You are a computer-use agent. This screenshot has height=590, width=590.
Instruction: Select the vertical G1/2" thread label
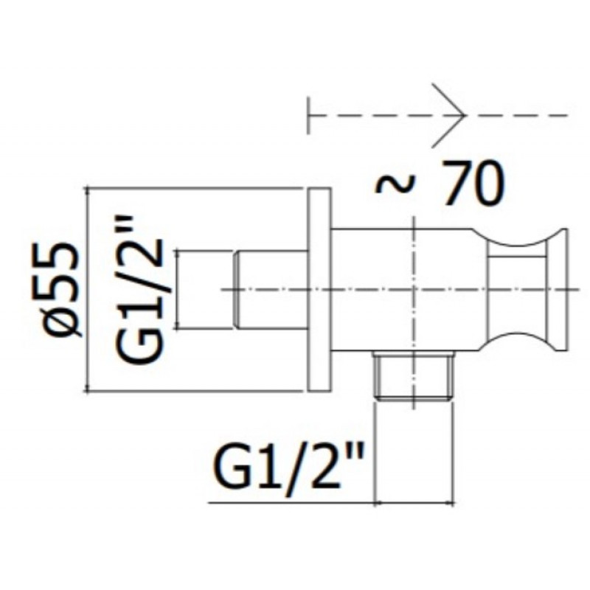(x=140, y=290)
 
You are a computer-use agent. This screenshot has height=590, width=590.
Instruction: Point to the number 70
(x=473, y=183)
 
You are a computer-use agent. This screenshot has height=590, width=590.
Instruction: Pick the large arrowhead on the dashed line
(x=449, y=115)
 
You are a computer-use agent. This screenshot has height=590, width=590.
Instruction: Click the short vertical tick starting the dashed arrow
(x=308, y=115)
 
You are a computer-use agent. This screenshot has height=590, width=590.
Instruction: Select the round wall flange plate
(x=319, y=290)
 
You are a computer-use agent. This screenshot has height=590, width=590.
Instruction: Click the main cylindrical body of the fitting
(x=407, y=290)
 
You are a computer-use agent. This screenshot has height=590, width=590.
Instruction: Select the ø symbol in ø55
(x=62, y=320)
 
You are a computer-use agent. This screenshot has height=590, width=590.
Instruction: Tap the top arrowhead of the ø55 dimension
(x=88, y=190)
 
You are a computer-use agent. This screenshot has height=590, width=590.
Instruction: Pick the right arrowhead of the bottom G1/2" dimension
(x=454, y=502)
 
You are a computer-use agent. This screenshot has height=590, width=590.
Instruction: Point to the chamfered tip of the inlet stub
(x=237, y=290)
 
